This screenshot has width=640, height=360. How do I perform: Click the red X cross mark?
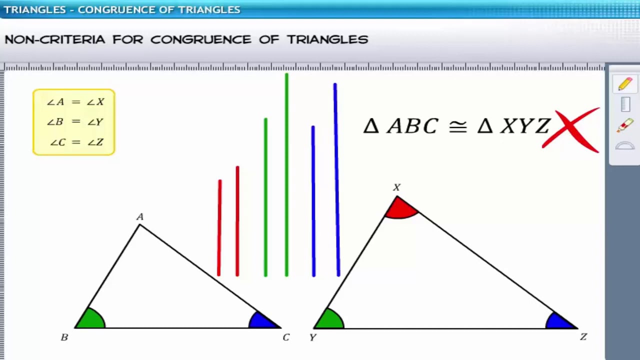(x=571, y=129)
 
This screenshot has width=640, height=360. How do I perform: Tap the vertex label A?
(x=140, y=217)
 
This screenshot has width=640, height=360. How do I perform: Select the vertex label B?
(x=64, y=337)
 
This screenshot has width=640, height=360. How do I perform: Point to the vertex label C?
(x=286, y=337)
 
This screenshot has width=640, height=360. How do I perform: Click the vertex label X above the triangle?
(x=396, y=187)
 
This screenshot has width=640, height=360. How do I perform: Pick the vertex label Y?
(x=312, y=337)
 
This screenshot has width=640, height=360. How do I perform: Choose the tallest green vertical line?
(x=286, y=175)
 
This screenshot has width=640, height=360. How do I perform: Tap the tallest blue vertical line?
(x=336, y=180)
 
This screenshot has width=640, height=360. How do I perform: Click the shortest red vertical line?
(x=219, y=227)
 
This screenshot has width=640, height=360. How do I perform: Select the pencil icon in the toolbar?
(x=625, y=84)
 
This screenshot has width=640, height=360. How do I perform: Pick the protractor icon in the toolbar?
(x=625, y=146)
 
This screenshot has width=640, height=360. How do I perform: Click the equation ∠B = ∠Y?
(x=75, y=122)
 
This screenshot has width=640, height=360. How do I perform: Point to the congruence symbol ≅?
(x=457, y=126)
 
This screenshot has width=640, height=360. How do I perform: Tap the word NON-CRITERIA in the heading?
(x=55, y=39)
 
